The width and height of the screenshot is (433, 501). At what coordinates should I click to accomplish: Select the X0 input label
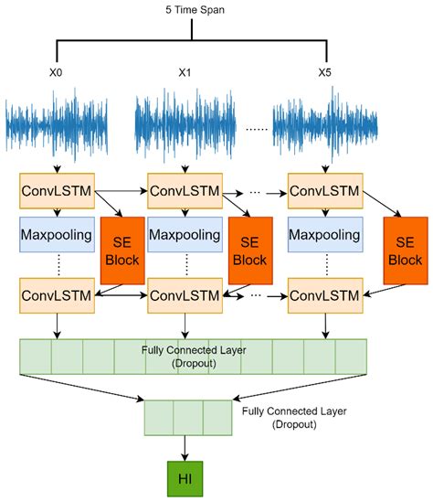coord(56,72)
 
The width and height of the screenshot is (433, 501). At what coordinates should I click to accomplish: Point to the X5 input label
coord(325,72)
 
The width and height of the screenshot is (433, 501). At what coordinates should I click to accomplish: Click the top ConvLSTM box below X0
coord(56,193)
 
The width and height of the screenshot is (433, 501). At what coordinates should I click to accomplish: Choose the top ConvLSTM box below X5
coord(325,193)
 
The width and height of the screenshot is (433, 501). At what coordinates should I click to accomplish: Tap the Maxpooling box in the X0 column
coord(56,236)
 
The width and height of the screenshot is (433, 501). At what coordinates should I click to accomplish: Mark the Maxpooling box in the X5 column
coord(325,236)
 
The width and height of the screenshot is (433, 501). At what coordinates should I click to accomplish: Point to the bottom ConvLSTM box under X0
coord(56,296)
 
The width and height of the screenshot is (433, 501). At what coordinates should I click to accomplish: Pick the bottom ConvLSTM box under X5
coord(325,296)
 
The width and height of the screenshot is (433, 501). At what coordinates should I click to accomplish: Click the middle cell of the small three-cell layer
coord(187,417)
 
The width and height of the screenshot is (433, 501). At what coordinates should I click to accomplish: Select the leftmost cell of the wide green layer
coord(36,355)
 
